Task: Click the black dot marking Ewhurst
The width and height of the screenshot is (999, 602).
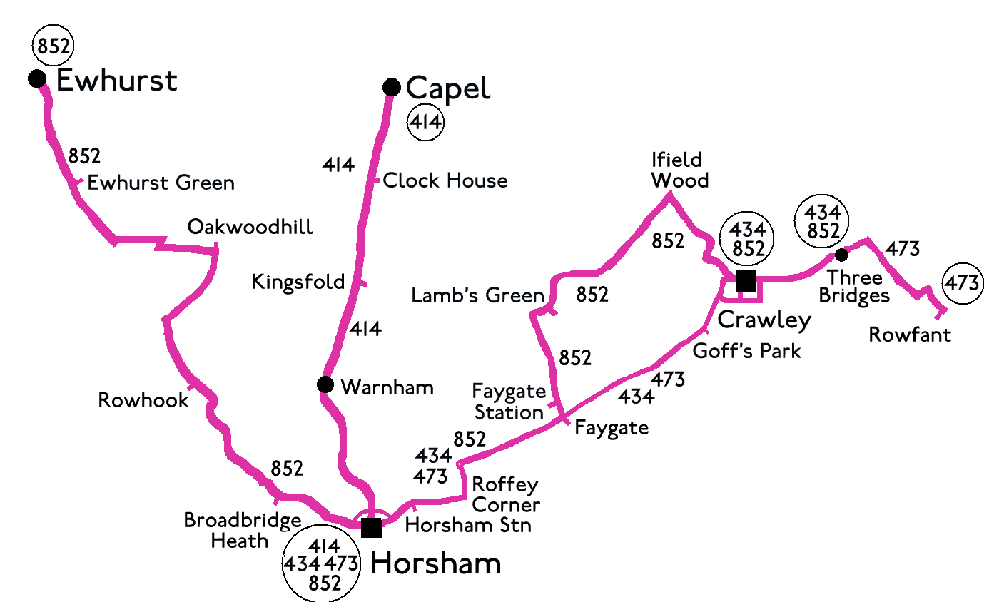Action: [x=37, y=78]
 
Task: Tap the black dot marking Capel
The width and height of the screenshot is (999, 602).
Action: [x=391, y=87]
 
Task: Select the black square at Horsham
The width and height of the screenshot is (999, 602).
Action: [x=371, y=528]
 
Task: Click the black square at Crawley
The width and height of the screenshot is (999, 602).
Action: [x=745, y=281]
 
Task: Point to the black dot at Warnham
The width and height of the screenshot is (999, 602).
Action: [x=325, y=385]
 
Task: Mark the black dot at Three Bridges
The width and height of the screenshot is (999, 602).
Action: [x=842, y=255]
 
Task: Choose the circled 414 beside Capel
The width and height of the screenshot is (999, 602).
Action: [x=425, y=123]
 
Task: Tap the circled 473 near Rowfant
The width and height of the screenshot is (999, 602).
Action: [x=962, y=283]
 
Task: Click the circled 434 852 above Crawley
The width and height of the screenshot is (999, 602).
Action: [x=747, y=239]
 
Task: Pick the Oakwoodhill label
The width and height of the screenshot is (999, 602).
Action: [x=250, y=228]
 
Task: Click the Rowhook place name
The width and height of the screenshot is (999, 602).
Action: [x=143, y=400]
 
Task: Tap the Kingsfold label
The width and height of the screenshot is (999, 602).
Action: [x=298, y=282]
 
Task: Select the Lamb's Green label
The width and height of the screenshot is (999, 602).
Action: [x=477, y=295]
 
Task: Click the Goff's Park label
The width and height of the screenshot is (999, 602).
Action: [x=747, y=351]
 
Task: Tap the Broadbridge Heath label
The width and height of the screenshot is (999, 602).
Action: [x=242, y=531]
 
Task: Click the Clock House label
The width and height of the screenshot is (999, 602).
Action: [x=445, y=181]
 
